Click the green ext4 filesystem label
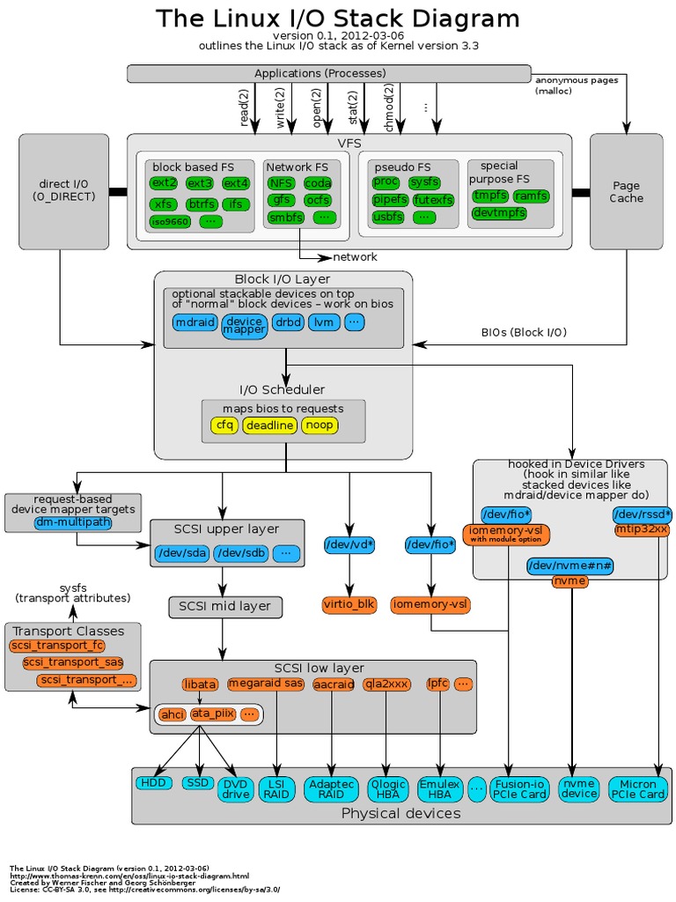(x=235, y=183)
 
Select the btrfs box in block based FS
(x=201, y=204)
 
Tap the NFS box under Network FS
(x=282, y=183)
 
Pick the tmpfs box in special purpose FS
(x=490, y=196)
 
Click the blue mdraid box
(x=195, y=322)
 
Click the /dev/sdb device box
(x=239, y=553)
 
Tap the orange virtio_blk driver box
(x=350, y=604)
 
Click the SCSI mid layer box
(x=225, y=606)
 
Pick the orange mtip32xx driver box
(x=642, y=529)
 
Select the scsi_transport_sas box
(x=73, y=662)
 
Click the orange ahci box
(x=173, y=714)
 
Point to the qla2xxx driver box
(x=386, y=683)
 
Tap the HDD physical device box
(x=155, y=782)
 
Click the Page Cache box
(x=627, y=191)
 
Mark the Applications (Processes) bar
(x=329, y=73)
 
